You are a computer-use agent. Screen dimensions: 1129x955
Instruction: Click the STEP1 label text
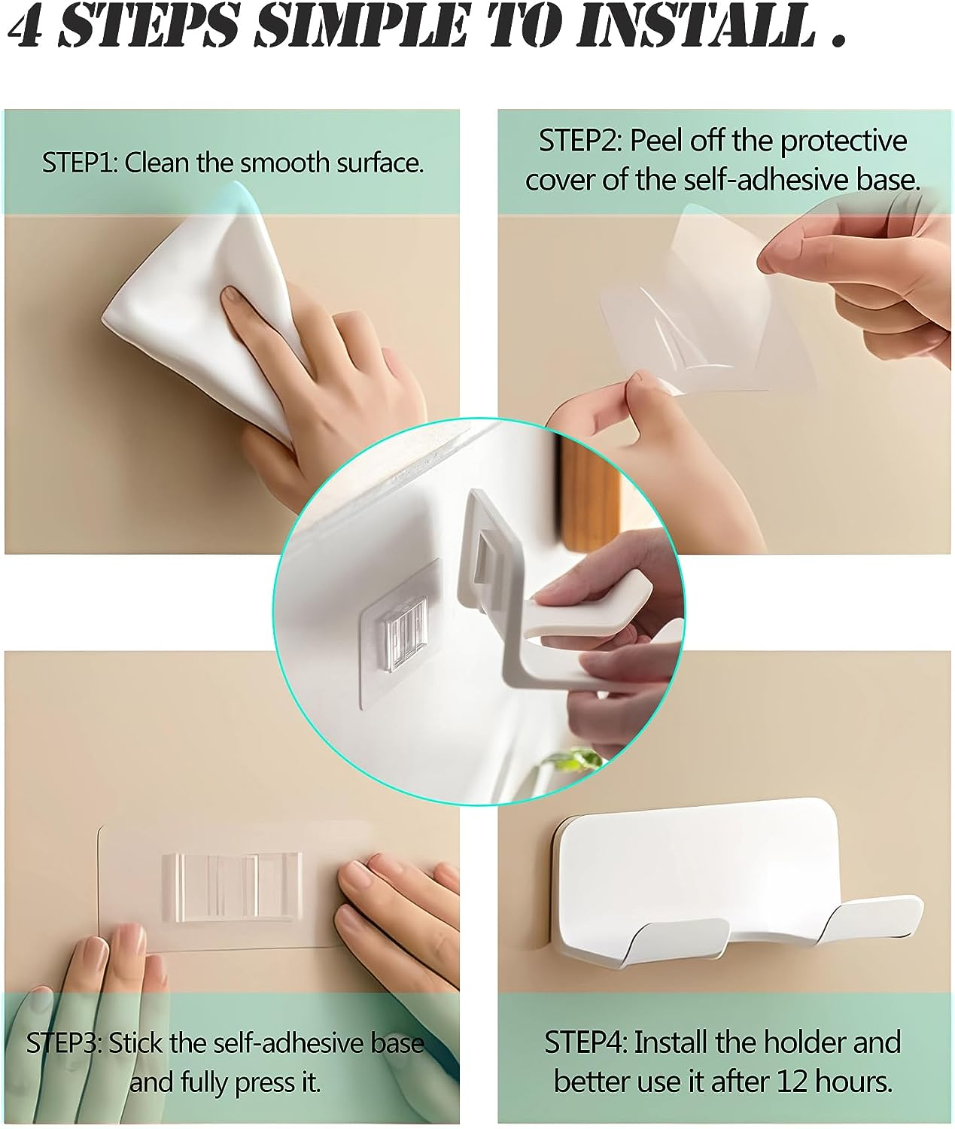(78, 163)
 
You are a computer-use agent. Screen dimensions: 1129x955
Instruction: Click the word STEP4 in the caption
(585, 1042)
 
